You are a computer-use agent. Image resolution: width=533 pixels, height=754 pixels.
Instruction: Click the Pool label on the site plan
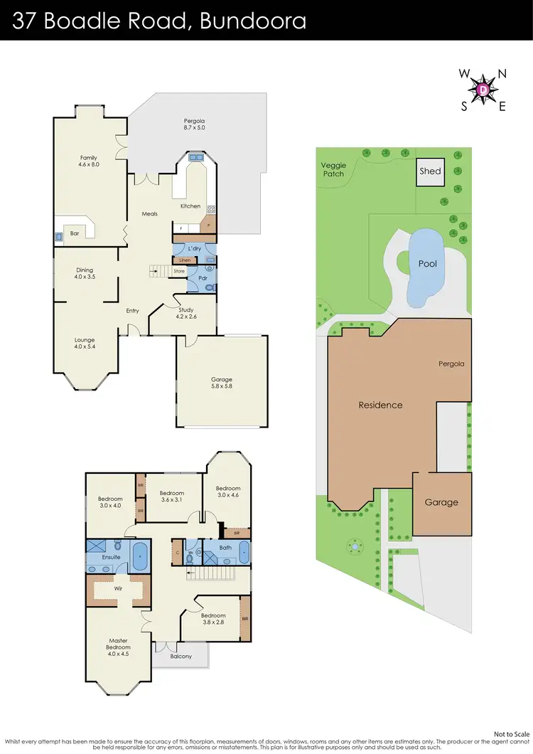pos(428,263)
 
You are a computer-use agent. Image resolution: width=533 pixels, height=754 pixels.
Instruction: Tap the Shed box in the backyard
pos(430,171)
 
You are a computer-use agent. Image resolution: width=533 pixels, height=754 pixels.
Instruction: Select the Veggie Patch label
pos(333,169)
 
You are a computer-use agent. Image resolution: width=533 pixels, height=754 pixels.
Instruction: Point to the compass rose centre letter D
pos(483,90)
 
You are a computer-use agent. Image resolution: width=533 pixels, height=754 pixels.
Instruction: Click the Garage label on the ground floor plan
pos(222,383)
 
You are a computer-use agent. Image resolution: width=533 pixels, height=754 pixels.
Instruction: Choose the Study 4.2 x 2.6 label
pos(186,313)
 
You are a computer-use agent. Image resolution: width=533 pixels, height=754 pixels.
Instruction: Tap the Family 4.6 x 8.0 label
pos(89,161)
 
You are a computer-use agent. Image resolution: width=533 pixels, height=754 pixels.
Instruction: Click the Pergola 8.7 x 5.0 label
pos(194,124)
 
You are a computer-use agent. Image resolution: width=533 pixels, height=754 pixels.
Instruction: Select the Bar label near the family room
pos(74,233)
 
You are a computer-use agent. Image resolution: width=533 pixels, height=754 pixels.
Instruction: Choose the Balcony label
pos(181,656)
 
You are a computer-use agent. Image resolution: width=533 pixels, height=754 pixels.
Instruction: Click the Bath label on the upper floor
pos(225,548)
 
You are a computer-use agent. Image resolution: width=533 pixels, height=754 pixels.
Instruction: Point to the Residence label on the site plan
pos(380,405)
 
